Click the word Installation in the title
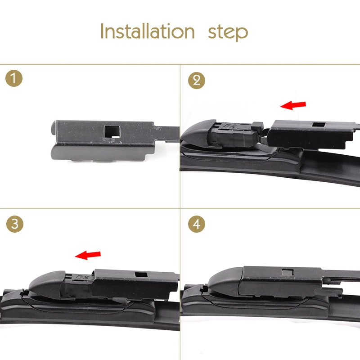click(148, 31)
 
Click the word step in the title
click(228, 33)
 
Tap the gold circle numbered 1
click(14, 78)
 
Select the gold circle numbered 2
click(197, 81)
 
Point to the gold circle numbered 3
click(15, 224)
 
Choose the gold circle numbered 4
click(197, 224)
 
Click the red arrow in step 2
click(293, 105)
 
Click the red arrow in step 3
click(88, 255)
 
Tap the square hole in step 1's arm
click(112, 131)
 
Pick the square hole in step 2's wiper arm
click(319, 125)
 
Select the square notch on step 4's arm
click(288, 272)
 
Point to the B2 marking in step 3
click(82, 277)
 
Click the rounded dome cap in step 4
click(225, 282)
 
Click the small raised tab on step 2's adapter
click(257, 126)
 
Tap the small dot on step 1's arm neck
click(160, 129)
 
